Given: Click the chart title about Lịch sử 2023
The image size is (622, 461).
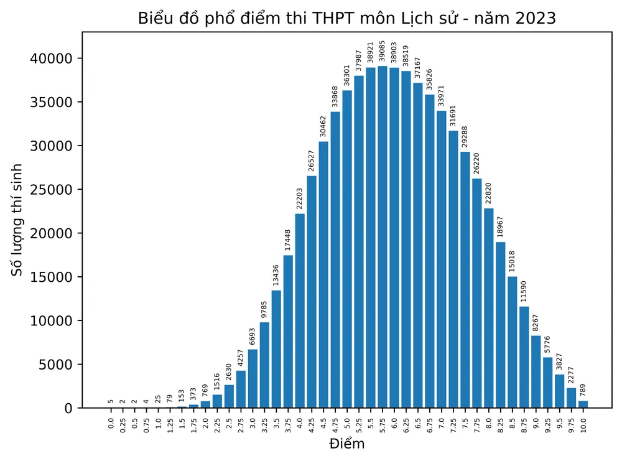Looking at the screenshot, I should (x=346, y=19).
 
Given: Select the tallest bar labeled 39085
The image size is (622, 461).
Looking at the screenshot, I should (x=382, y=236).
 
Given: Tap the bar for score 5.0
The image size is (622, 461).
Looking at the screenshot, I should (x=347, y=249).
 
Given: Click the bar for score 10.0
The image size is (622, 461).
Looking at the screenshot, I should (x=583, y=404).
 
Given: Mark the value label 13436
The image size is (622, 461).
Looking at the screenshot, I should (x=276, y=276).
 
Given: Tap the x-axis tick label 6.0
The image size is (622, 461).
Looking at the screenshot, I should (x=394, y=426).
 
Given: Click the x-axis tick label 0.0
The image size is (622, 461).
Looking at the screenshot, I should (x=111, y=426).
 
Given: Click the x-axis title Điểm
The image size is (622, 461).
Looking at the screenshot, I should (x=346, y=444).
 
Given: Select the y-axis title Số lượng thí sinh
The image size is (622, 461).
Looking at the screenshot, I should (x=18, y=220).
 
